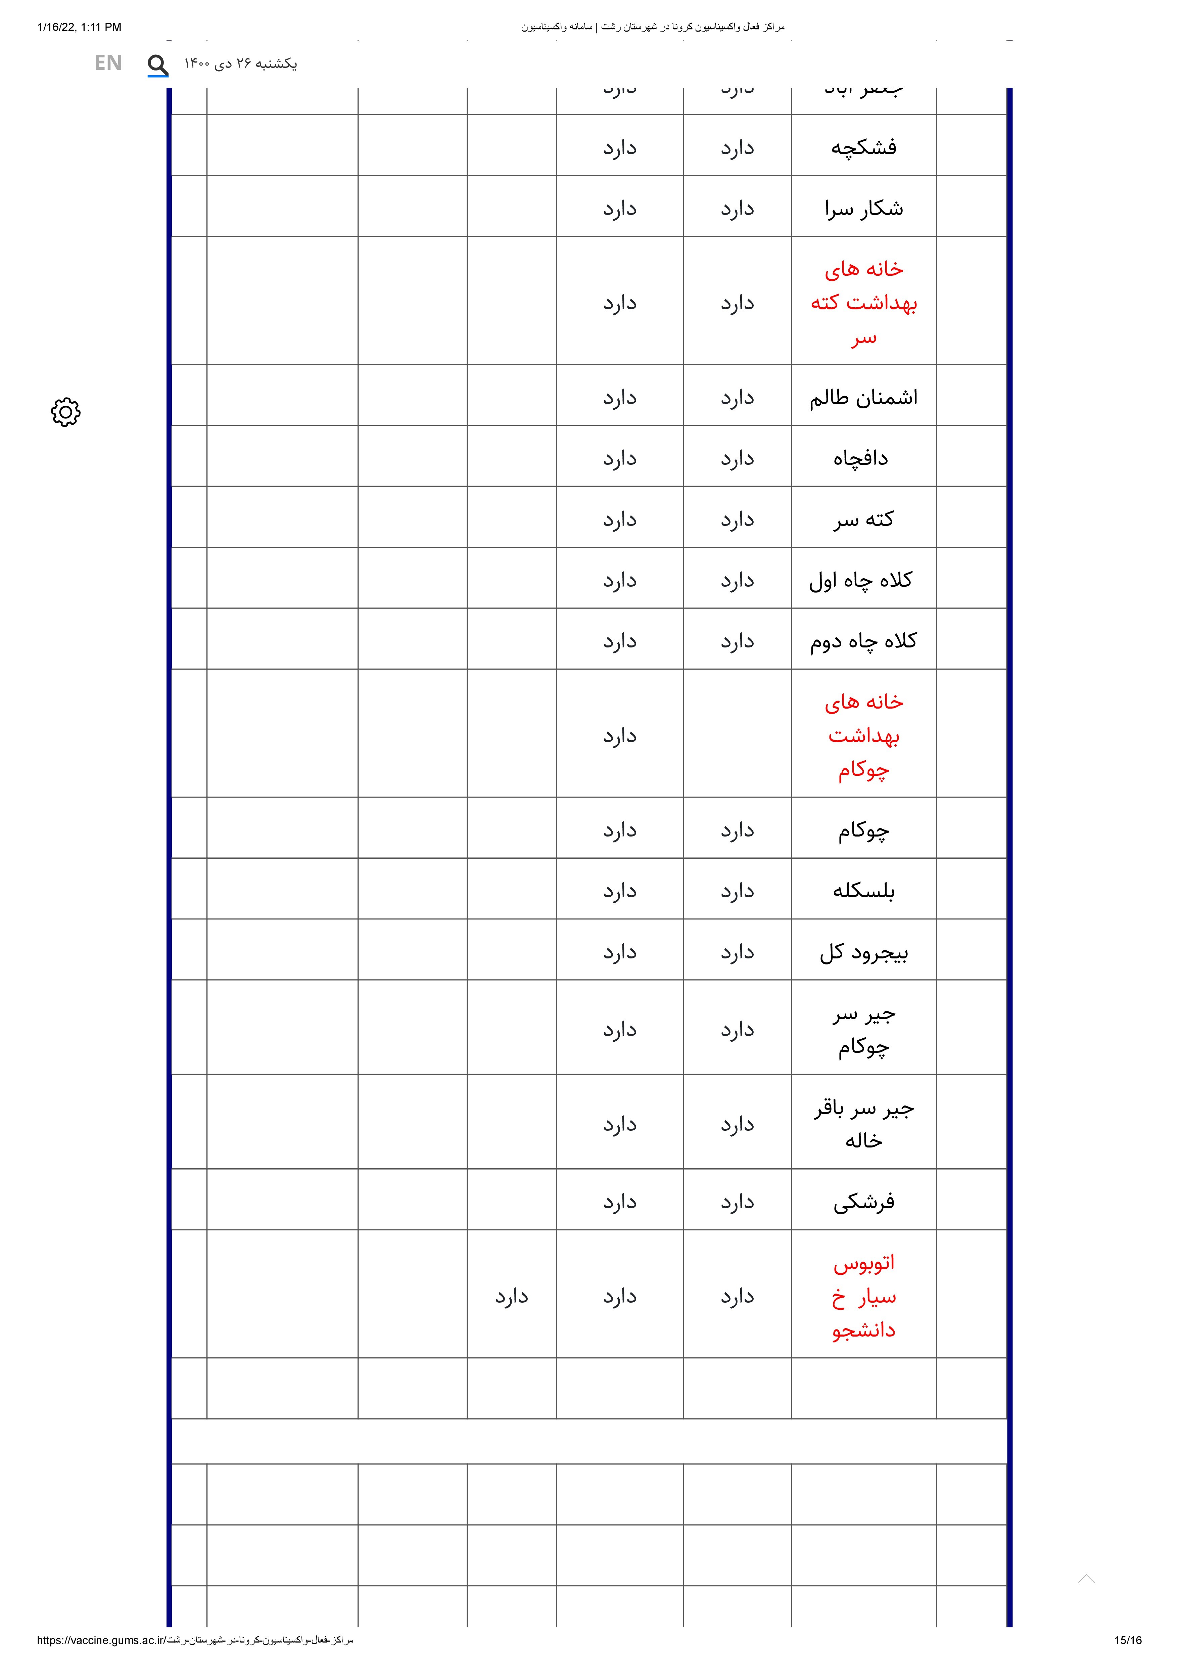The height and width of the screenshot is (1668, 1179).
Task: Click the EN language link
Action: pyautogui.click(x=108, y=63)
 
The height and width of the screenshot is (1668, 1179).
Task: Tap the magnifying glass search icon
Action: pyautogui.click(x=158, y=65)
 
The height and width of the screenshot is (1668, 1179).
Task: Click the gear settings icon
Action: pyautogui.click(x=65, y=412)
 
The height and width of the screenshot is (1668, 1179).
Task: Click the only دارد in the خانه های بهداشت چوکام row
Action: pyautogui.click(x=620, y=736)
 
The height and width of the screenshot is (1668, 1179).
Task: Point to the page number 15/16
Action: pyautogui.click(x=1127, y=1640)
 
